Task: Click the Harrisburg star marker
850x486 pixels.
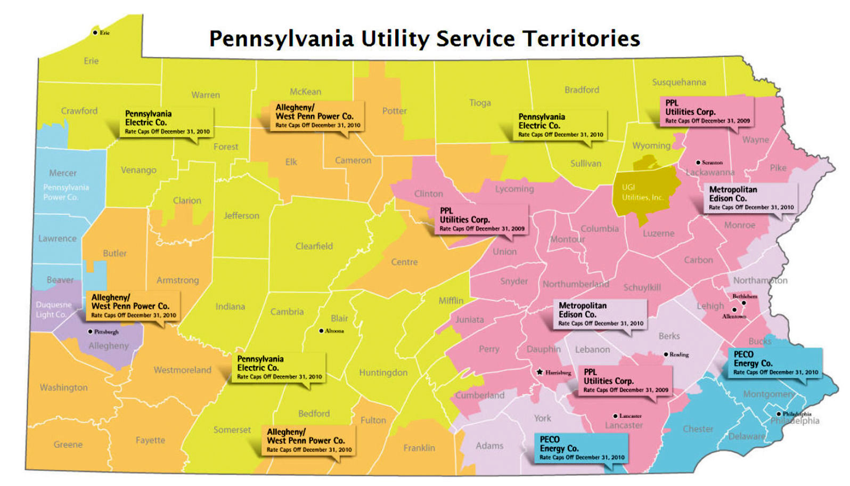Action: point(540,372)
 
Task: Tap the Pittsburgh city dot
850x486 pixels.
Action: point(91,331)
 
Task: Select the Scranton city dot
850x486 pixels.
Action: point(698,163)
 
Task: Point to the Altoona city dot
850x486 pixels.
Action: point(321,331)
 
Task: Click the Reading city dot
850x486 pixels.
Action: point(666,354)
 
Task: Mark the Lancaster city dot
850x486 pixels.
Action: point(615,416)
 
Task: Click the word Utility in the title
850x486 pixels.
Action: point(395,39)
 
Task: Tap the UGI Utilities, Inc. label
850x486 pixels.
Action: point(643,192)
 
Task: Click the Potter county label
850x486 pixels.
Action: point(394,111)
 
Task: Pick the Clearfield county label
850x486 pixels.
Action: point(314,246)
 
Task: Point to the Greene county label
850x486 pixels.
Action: point(68,444)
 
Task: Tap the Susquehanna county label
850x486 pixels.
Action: point(679,82)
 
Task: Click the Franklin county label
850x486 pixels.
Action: point(419,448)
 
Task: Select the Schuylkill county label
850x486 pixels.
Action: point(642,287)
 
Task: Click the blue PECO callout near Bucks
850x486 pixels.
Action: point(775,363)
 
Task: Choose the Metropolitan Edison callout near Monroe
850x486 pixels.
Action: point(751,198)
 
